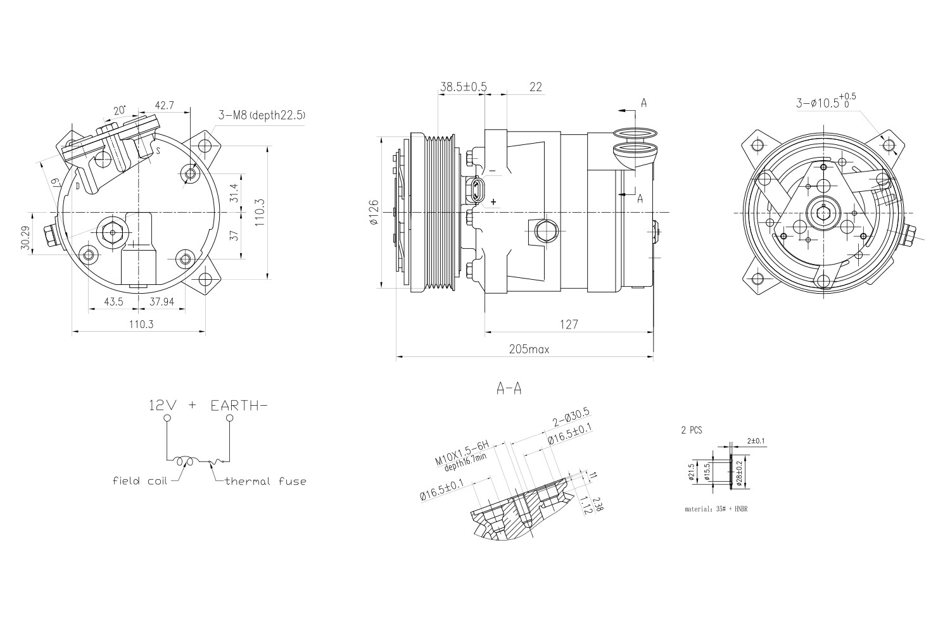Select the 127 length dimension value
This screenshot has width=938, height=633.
568,324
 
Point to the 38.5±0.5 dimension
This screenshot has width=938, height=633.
462,87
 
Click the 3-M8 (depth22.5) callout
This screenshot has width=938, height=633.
262,115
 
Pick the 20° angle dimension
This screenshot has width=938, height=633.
119,110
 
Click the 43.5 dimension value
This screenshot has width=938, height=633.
113,302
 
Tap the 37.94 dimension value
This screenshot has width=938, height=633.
162,302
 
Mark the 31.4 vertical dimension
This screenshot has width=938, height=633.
234,192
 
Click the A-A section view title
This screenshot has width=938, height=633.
509,389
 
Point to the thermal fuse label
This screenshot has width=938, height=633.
265,481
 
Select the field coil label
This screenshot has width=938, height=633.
139,481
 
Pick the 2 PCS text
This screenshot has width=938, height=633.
691,430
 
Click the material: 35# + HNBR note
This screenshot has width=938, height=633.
716,508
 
